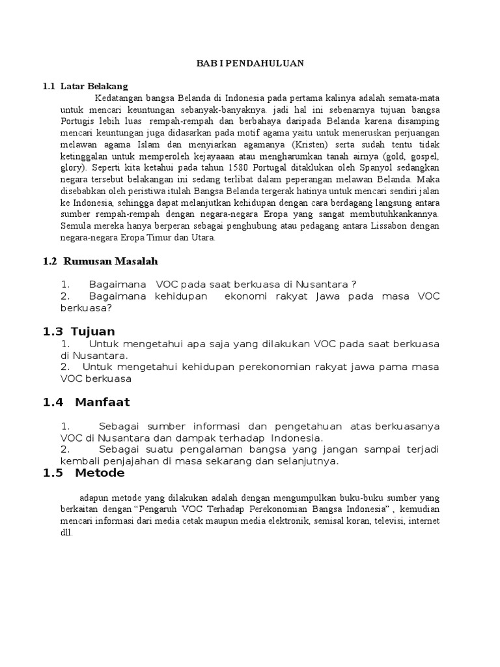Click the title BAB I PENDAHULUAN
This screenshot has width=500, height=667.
[251, 64]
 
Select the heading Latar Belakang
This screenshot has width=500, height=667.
[94, 86]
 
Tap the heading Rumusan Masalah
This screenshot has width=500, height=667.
[111, 261]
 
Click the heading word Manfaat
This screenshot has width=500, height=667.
[102, 402]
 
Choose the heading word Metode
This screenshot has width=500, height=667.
[100, 473]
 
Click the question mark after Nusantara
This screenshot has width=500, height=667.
[353, 284]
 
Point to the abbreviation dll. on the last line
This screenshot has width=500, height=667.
[67, 532]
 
